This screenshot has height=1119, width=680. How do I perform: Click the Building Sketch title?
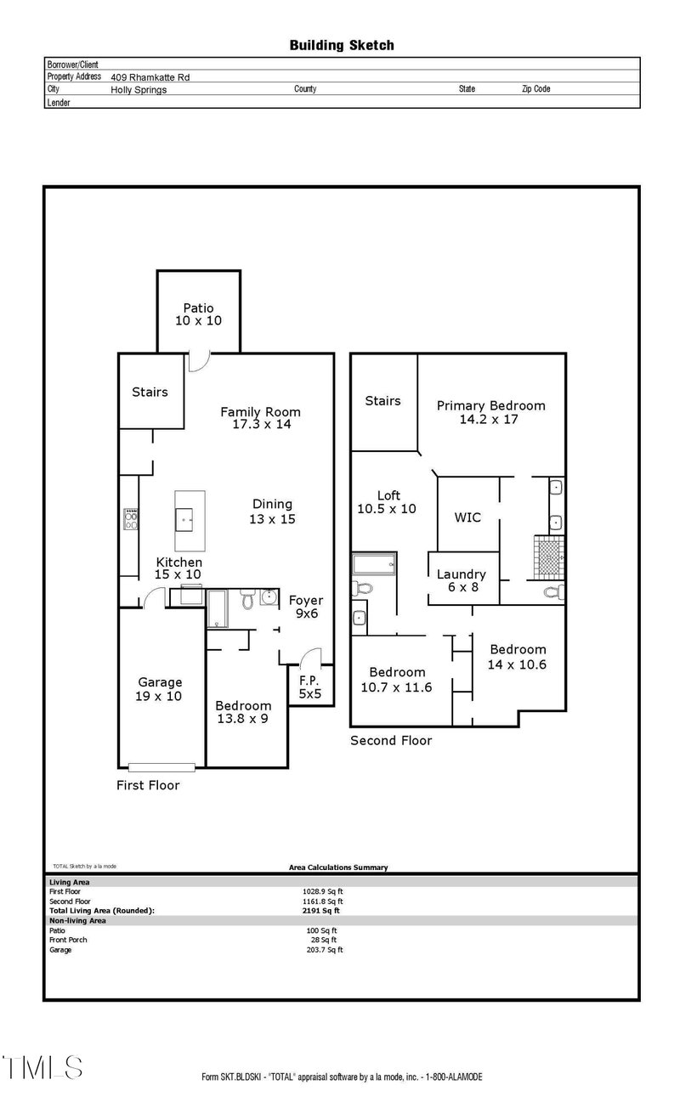point(341,45)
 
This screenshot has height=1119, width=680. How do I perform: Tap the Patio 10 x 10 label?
point(198,314)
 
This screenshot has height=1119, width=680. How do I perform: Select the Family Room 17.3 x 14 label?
point(261,418)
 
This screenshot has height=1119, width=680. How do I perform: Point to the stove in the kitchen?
point(132,519)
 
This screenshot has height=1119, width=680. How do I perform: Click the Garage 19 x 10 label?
point(160,689)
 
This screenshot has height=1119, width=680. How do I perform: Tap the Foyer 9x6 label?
point(305,607)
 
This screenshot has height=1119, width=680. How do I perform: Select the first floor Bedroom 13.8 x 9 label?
point(243,712)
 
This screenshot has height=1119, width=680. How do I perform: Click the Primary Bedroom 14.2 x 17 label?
point(490,412)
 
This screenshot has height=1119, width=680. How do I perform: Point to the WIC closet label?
point(467,517)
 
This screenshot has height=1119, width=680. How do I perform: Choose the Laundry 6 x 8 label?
point(462,580)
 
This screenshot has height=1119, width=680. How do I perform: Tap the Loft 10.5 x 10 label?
point(388,502)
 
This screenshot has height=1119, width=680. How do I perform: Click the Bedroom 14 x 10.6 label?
point(517,657)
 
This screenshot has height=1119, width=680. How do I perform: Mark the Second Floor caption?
point(391,741)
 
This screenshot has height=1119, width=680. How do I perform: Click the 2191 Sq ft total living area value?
point(314,910)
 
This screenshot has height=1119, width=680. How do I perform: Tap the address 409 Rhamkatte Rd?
point(150,76)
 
